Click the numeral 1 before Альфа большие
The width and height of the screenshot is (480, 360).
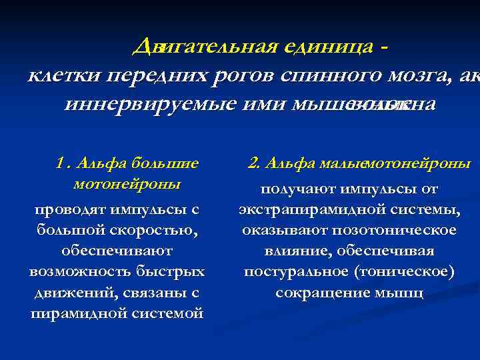pos(61,163)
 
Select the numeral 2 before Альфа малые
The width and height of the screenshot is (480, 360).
pos(253,163)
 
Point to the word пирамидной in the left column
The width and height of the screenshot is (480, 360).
pos(72,313)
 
